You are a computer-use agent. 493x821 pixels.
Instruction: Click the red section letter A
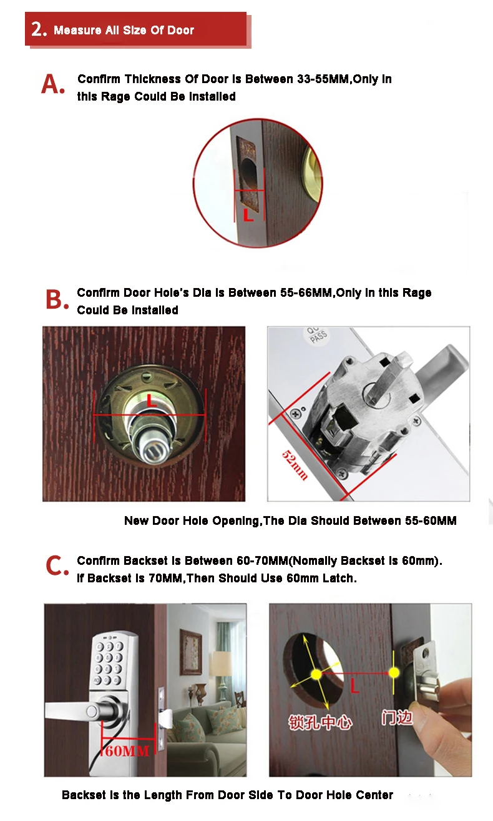[52, 84]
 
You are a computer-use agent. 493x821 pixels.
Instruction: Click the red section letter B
[57, 299]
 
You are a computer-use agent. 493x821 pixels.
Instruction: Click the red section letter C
[57, 565]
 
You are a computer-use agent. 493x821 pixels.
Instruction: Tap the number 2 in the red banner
[39, 29]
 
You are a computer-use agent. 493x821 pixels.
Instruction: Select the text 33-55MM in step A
[323, 79]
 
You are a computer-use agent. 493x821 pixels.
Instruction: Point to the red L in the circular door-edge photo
[248, 215]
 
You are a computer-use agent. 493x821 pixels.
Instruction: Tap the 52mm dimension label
[295, 464]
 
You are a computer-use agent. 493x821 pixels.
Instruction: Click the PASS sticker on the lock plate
[318, 336]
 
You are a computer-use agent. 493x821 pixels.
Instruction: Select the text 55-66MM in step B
[306, 293]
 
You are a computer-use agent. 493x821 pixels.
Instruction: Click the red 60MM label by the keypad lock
[127, 751]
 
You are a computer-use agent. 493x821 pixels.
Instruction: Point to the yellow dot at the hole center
[316, 674]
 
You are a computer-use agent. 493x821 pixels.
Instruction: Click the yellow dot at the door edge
[394, 672]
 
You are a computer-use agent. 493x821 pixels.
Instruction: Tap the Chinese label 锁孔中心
[320, 722]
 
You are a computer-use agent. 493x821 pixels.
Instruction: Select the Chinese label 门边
[397, 718]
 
